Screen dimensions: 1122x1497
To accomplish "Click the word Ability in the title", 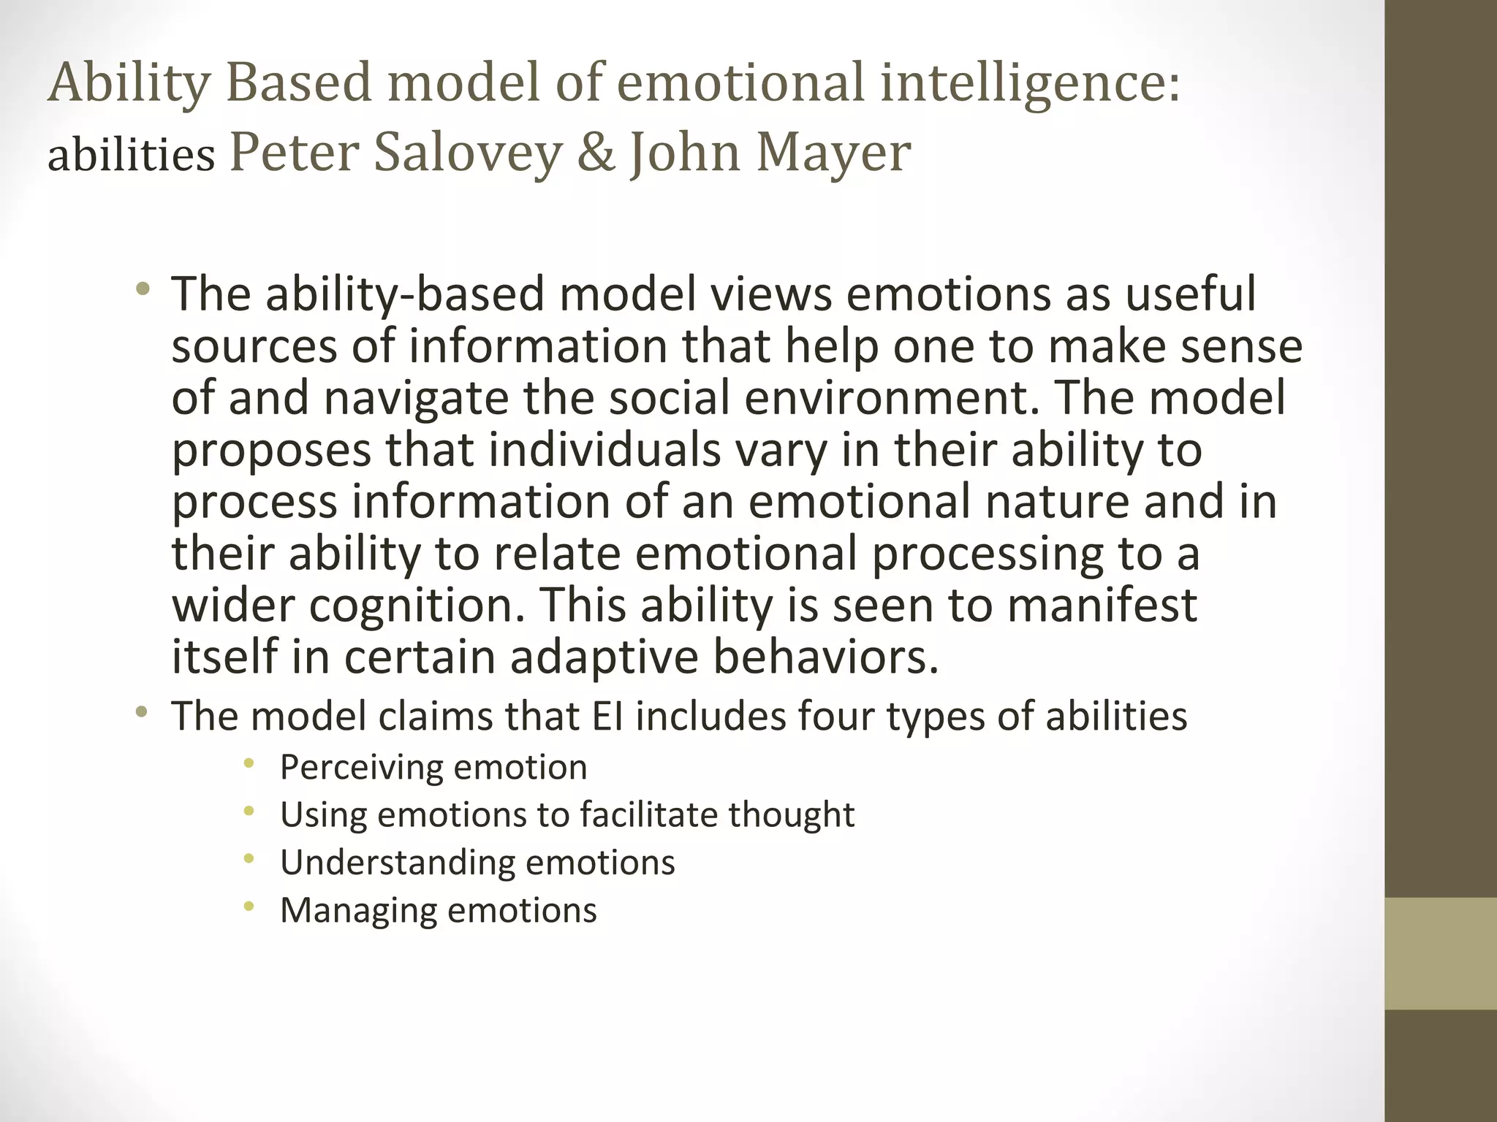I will (x=129, y=83).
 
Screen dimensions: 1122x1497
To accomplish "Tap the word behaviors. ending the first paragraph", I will (x=825, y=657).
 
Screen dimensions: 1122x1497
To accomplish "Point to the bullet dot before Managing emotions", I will (x=249, y=907).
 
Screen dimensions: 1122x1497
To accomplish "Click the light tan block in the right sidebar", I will (x=1440, y=953).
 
